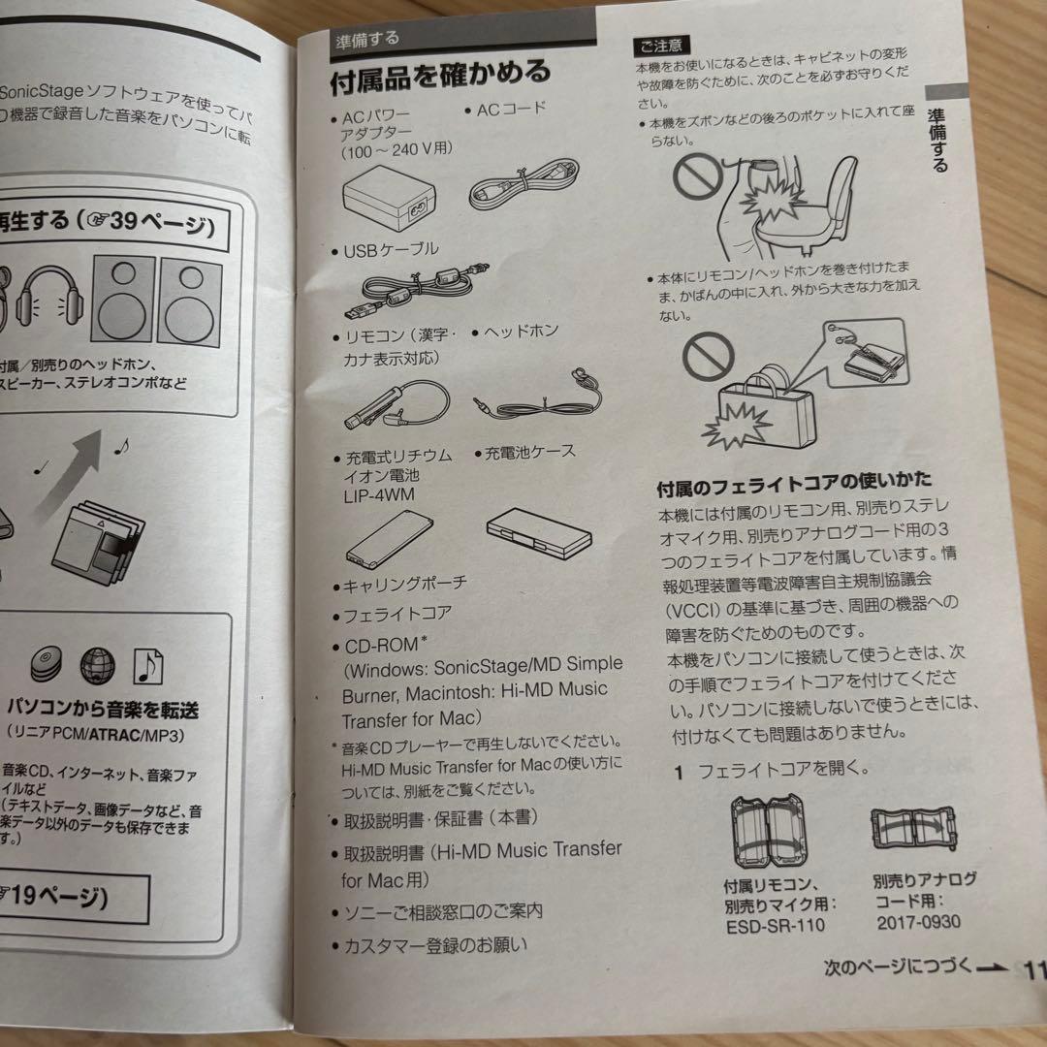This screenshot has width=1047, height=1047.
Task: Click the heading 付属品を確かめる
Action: (441, 73)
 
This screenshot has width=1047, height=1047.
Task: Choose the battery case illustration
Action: (536, 532)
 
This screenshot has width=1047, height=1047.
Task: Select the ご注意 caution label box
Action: (662, 45)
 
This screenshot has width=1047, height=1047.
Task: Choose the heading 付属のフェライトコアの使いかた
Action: (794, 481)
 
